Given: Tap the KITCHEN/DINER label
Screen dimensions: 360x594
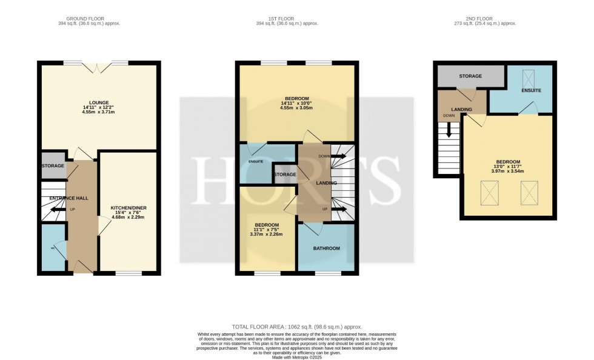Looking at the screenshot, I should pyautogui.click(x=128, y=208).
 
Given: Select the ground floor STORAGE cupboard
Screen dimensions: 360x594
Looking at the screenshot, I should pyautogui.click(x=53, y=166).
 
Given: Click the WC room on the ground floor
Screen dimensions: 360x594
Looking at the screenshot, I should pyautogui.click(x=53, y=247).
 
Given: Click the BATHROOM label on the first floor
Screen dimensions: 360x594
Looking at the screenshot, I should pyautogui.click(x=326, y=248).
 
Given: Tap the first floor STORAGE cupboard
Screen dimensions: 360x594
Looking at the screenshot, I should pyautogui.click(x=285, y=175).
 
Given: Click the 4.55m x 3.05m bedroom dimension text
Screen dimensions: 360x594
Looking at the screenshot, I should pyautogui.click(x=297, y=108).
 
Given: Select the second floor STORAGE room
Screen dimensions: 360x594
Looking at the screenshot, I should pyautogui.click(x=470, y=76).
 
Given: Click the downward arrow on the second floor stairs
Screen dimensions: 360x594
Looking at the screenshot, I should pyautogui.click(x=449, y=130).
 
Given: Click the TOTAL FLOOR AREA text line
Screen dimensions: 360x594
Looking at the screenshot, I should pyautogui.click(x=296, y=327).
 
